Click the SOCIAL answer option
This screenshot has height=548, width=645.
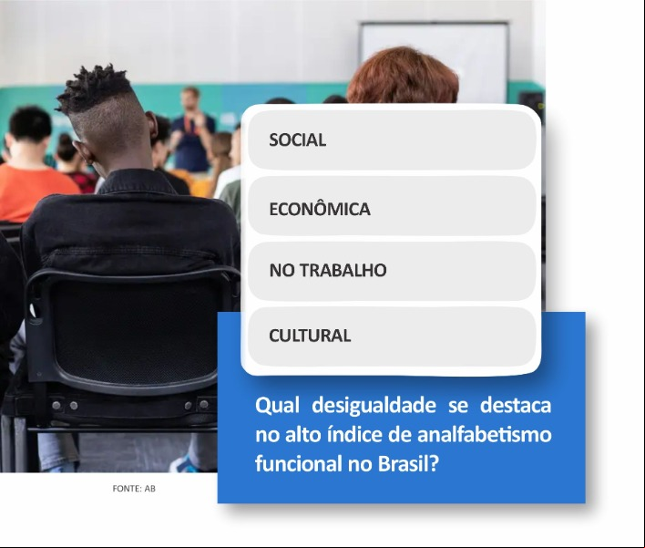coord(392,140)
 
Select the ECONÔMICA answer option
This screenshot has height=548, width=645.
coord(392,206)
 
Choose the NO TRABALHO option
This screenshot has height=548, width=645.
coord(392,272)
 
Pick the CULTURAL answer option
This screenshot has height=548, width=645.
coord(392,336)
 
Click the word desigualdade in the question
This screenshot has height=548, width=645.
coord(374,407)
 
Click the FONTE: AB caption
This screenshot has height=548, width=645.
coord(134,489)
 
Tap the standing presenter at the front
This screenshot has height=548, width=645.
coord(191,129)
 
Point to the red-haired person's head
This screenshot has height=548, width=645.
coord(403,77)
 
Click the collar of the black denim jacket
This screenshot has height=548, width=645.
coord(138,182)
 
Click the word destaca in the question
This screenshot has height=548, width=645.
coord(516,405)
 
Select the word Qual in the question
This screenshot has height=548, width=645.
coord(277,406)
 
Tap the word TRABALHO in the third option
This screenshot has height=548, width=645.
coord(343,271)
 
